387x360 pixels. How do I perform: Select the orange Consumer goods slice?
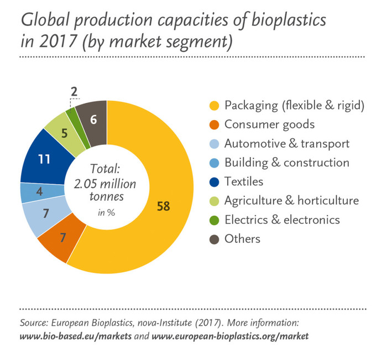coord(63,238)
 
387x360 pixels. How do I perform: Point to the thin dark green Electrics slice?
coord(76,128)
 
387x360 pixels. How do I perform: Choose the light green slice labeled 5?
coord(65,134)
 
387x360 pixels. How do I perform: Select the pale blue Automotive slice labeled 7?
coord(46,214)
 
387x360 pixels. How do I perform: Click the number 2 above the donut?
coord(74,92)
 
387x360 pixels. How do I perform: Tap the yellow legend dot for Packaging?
coord(214,106)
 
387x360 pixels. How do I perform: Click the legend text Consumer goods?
coord(270,124)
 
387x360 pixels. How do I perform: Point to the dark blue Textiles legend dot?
coord(214,182)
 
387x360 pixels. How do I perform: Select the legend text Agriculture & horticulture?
coord(291,201)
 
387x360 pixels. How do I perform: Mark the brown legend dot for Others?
coord(214,239)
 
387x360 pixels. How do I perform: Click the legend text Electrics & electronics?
coord(282,220)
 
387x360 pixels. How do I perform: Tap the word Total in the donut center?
coord(104,169)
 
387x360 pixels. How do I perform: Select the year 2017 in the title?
coord(57,41)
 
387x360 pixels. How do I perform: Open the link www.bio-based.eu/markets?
coord(76,336)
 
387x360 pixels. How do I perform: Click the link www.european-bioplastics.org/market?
coord(230,336)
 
